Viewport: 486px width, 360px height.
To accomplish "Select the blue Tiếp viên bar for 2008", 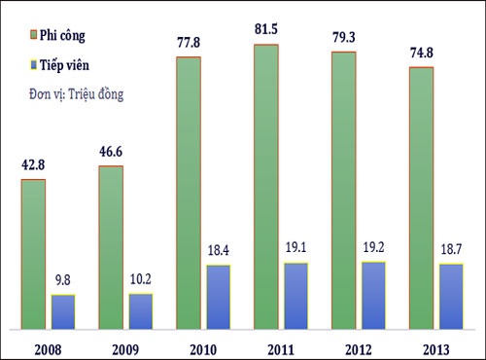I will [63, 311].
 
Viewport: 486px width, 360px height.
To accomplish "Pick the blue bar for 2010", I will [218, 297].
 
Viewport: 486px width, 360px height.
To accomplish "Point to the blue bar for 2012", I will [373, 295].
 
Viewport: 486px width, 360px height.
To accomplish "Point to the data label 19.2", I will [373, 251].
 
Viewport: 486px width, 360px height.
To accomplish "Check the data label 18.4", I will [218, 254].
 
